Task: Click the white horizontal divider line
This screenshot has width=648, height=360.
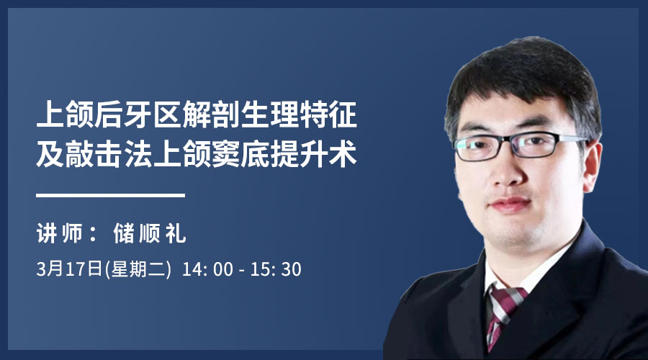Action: pyautogui.click(x=110, y=195)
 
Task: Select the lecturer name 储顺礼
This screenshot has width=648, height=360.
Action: pyautogui.click(x=150, y=233)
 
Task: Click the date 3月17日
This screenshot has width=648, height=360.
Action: pyautogui.click(x=69, y=269)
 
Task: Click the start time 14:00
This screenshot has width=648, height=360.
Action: pyautogui.click(x=207, y=269)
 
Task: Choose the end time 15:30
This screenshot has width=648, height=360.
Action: pyautogui.click(x=276, y=269)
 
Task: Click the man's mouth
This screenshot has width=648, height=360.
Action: pyautogui.click(x=510, y=204)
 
